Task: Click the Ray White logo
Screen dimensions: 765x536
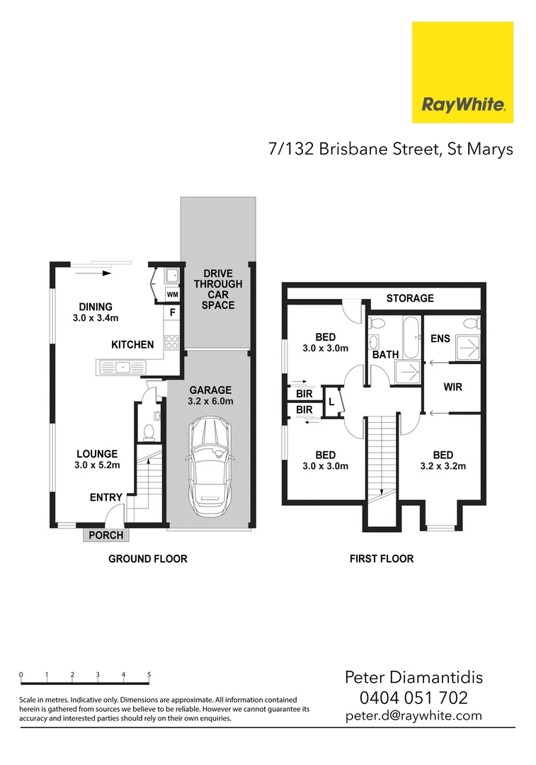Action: [x=462, y=72]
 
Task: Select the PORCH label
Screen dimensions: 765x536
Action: [x=106, y=535]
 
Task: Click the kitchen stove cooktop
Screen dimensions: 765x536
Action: [x=171, y=342]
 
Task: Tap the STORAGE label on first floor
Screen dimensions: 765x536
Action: [x=410, y=298]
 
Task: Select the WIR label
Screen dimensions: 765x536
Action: [x=453, y=387]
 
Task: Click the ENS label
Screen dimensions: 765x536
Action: [x=440, y=339]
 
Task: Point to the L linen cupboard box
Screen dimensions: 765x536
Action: [x=331, y=402]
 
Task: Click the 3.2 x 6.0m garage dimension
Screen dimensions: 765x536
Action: [x=210, y=402]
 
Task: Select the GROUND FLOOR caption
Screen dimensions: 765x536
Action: [x=147, y=559]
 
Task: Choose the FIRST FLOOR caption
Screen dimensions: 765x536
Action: [x=382, y=559]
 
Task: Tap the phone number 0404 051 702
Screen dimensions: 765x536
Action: [x=414, y=697]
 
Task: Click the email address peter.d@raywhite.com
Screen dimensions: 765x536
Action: [x=414, y=715]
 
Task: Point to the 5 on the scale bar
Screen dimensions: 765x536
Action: [x=149, y=675]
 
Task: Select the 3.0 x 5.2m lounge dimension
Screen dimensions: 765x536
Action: [x=98, y=465]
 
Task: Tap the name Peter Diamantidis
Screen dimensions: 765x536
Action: [x=414, y=677]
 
